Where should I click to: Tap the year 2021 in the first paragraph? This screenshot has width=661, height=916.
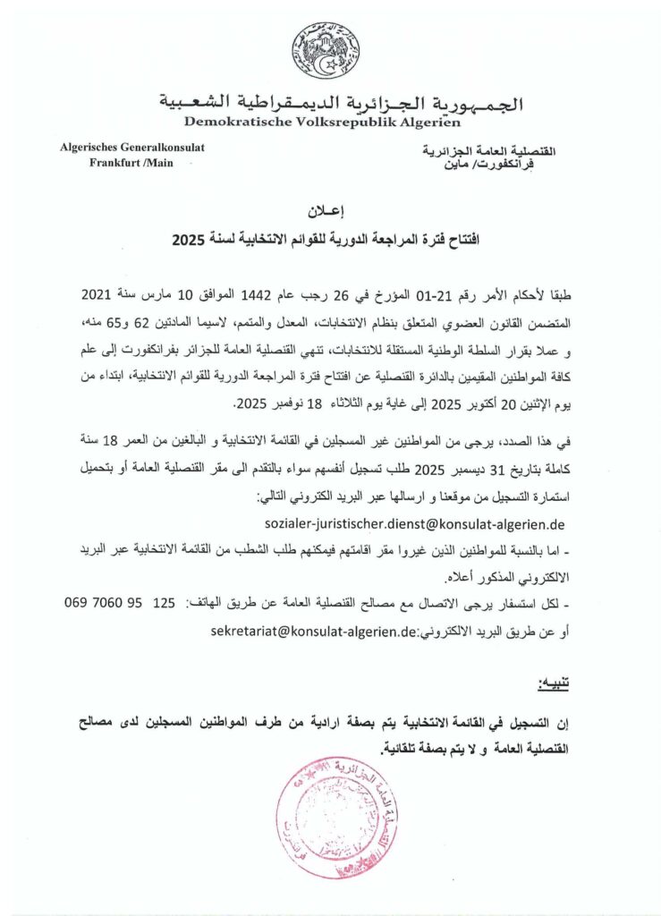[x=98, y=294]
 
